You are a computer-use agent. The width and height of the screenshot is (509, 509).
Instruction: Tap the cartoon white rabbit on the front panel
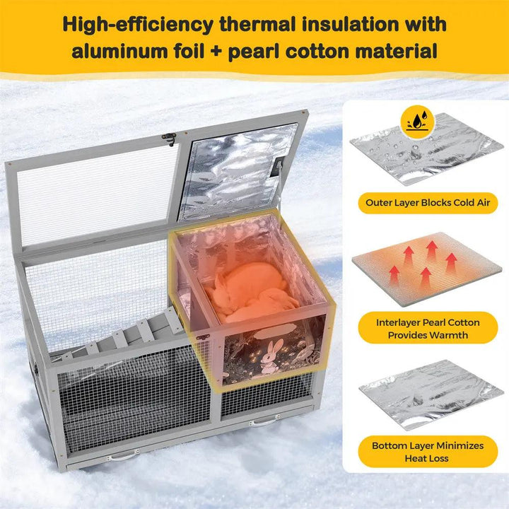click(x=271, y=356)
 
